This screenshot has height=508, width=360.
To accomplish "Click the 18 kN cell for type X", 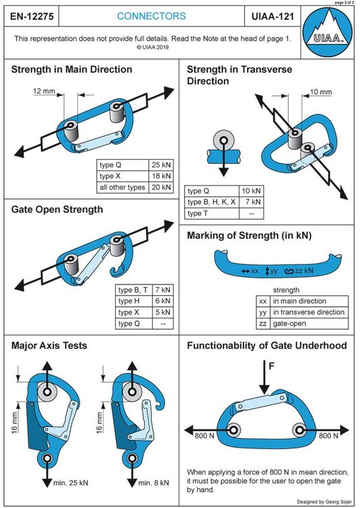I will tap(162, 176).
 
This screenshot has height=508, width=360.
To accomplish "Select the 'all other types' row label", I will tap(122, 187).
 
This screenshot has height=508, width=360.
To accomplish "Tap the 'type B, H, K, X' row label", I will tap(211, 203).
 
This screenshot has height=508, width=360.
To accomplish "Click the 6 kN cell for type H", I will tap(162, 301).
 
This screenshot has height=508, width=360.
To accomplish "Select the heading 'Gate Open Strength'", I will tap(57, 209).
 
